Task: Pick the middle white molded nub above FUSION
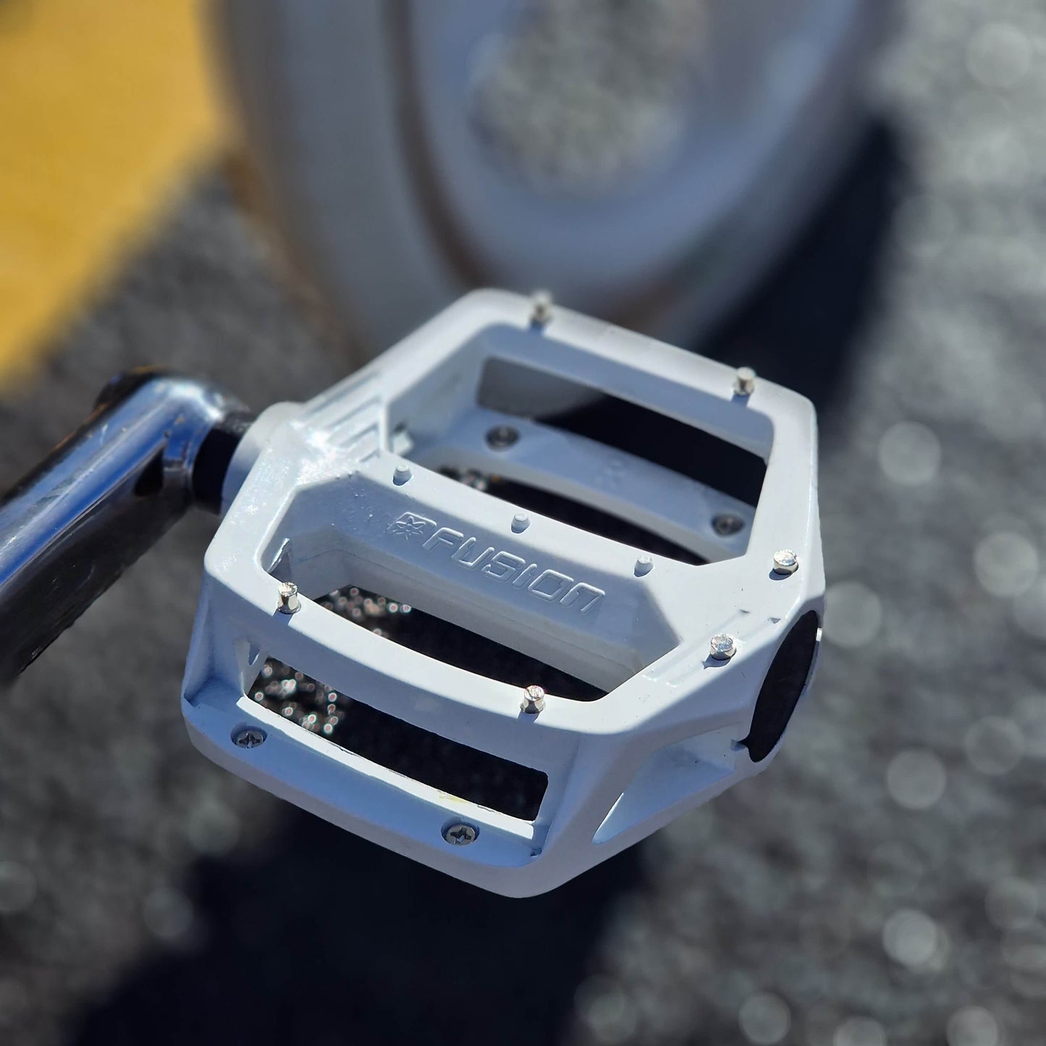pos(521,523)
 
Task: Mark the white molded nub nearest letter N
pos(644,564)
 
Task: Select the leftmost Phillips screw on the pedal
pos(249,738)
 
